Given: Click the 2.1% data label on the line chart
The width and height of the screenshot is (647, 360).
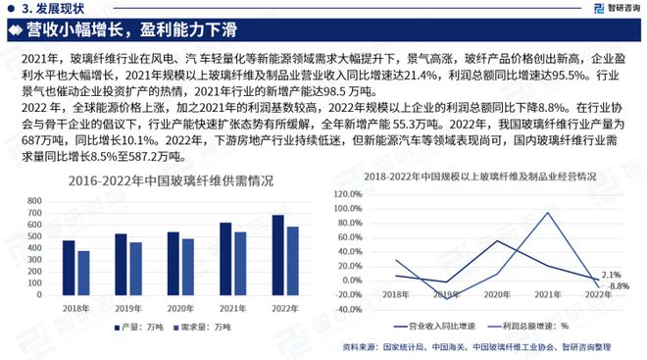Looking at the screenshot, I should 610,275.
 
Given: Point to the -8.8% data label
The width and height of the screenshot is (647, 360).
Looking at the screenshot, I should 618,285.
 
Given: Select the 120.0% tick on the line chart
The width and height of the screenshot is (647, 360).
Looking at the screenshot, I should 349,193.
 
